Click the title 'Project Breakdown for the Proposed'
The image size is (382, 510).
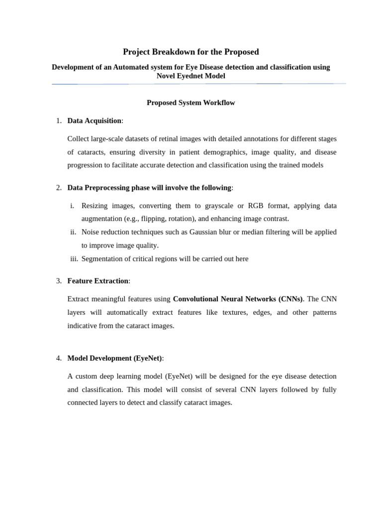[x=191, y=52]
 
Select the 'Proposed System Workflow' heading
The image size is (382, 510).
[x=191, y=103]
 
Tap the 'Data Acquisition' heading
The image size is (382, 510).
[x=94, y=121]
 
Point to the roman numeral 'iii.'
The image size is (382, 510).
[x=74, y=258]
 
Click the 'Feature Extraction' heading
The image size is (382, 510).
[x=97, y=281]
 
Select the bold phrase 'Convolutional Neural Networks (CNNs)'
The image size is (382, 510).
[x=238, y=299]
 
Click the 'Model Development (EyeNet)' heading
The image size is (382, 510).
[x=114, y=358]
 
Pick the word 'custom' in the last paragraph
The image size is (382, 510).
[x=86, y=376]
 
